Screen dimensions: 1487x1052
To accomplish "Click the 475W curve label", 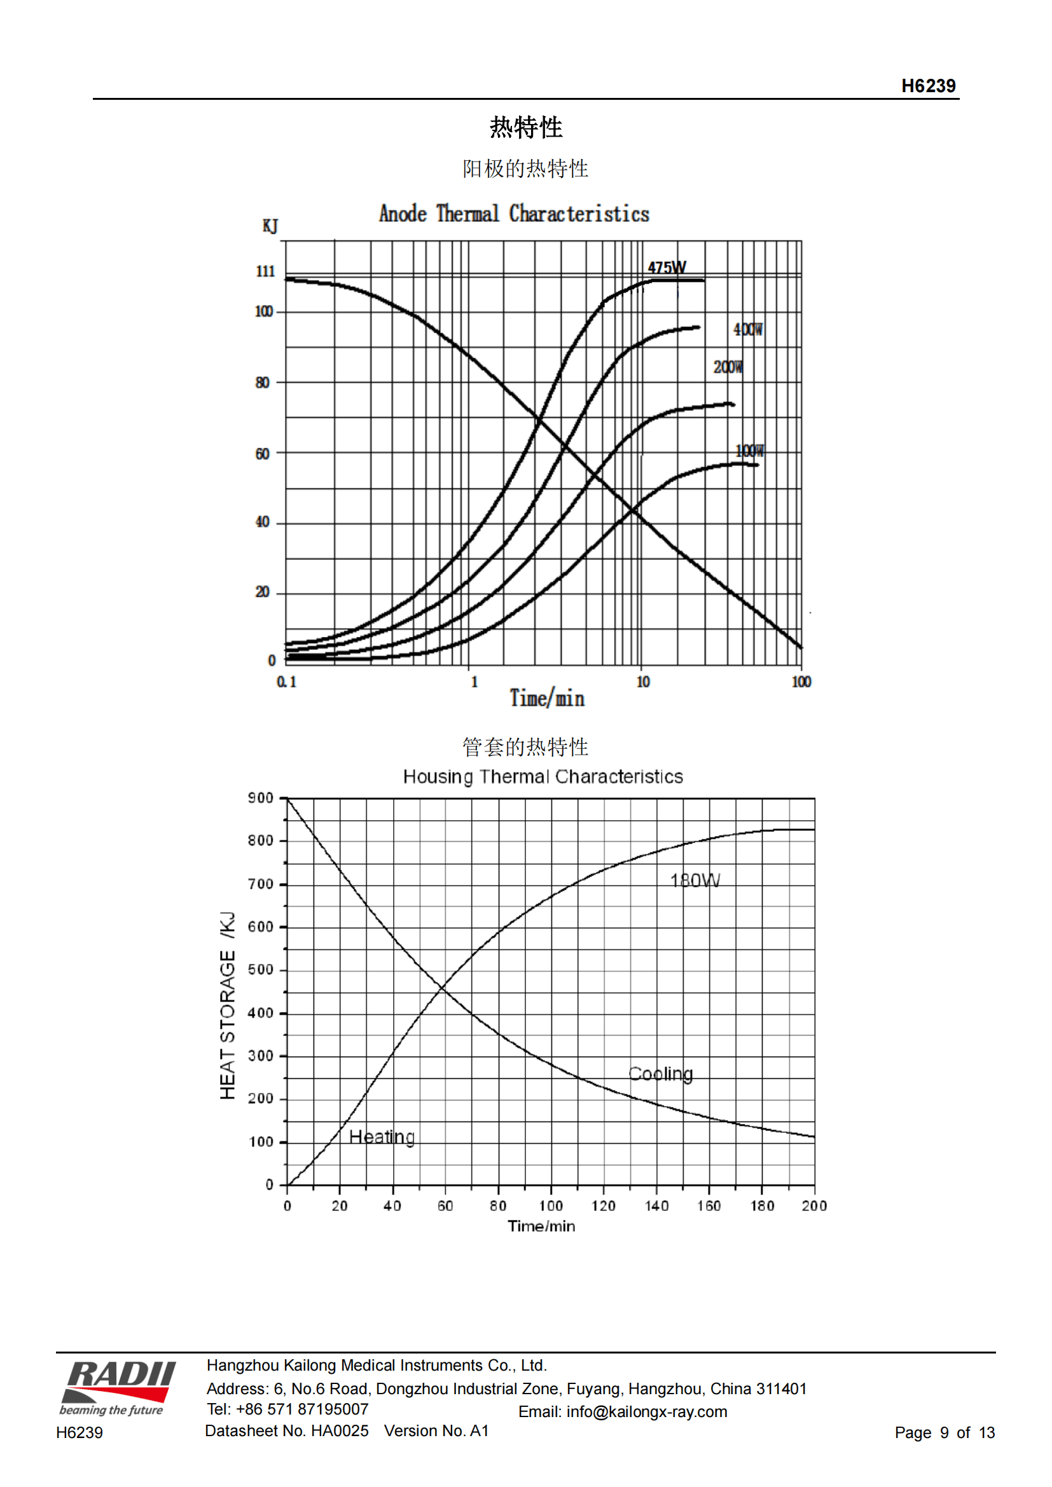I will [x=667, y=267].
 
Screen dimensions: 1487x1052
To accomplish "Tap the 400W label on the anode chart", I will [x=748, y=330].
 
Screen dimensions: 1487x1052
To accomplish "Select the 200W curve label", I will [x=728, y=367].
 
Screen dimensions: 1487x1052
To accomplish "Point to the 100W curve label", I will [x=749, y=451].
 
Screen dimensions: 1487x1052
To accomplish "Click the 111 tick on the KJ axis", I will [x=265, y=271].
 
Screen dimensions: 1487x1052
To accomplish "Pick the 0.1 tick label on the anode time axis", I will [x=286, y=682].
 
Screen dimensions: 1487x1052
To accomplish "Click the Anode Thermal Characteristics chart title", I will [x=514, y=214].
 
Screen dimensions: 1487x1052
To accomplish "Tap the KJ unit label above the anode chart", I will [x=270, y=226].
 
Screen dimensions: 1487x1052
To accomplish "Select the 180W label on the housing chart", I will [x=695, y=880].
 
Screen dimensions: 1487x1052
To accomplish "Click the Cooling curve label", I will [x=661, y=1074].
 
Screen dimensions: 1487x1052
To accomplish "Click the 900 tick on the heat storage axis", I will [x=260, y=798].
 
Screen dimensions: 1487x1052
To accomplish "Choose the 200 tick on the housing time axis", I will [x=814, y=1205].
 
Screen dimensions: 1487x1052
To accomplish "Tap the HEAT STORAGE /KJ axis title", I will [x=226, y=1006].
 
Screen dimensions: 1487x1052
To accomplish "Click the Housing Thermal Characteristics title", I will [x=543, y=776].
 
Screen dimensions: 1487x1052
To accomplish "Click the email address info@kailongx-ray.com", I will [x=646, y=1411].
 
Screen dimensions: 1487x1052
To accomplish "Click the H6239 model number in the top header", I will [x=928, y=85].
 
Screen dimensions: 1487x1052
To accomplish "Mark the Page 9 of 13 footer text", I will [x=945, y=1432].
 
